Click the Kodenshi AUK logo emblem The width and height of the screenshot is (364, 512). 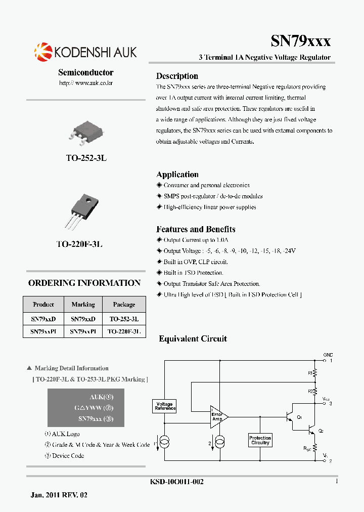(43, 52)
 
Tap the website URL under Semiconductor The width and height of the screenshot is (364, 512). (85, 82)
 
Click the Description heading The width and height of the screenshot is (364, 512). (177, 76)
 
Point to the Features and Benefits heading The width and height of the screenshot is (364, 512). (196, 229)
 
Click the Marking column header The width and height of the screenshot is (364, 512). (83, 305)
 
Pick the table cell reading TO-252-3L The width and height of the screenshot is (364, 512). (124, 319)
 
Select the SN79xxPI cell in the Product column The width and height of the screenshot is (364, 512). (43, 332)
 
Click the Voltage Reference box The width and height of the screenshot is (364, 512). (164, 406)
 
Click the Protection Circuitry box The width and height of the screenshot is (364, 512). (260, 440)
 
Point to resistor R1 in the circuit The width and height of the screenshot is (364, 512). (314, 373)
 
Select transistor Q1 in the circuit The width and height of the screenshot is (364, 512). (290, 417)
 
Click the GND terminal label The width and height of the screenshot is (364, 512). (328, 355)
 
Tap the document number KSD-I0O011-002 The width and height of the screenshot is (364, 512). (173, 482)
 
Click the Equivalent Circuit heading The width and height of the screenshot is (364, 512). (193, 339)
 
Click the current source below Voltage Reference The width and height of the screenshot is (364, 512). (164, 444)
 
